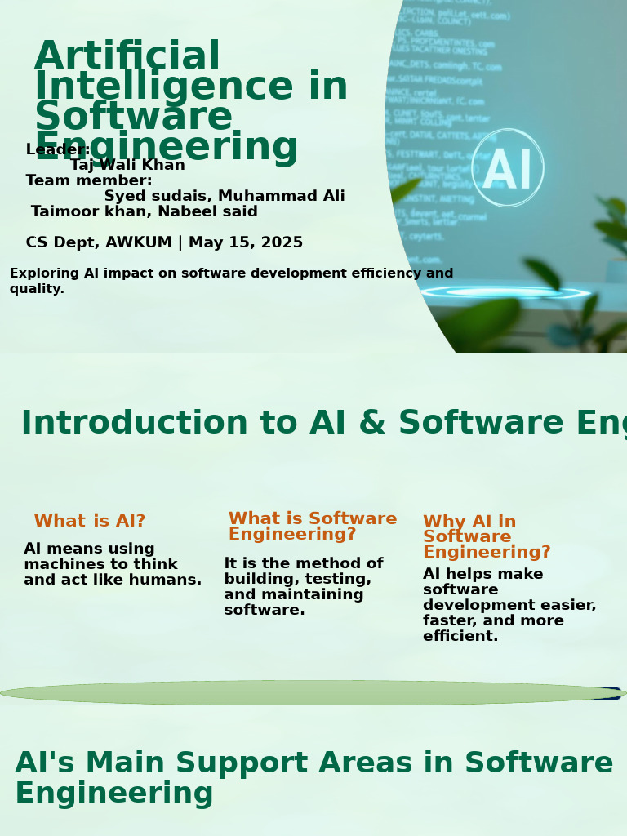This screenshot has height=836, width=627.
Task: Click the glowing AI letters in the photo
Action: [x=507, y=171]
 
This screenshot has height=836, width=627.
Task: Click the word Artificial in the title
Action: [x=127, y=57]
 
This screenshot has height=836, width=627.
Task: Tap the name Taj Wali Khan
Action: [x=128, y=166]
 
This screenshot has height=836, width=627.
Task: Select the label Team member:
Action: [x=89, y=181]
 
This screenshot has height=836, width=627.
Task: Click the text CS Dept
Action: [x=60, y=243]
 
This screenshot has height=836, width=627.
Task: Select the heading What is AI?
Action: [x=90, y=522]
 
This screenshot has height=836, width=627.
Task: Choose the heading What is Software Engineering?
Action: [x=312, y=527]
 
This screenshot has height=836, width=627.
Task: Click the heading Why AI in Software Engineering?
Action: [x=486, y=537]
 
